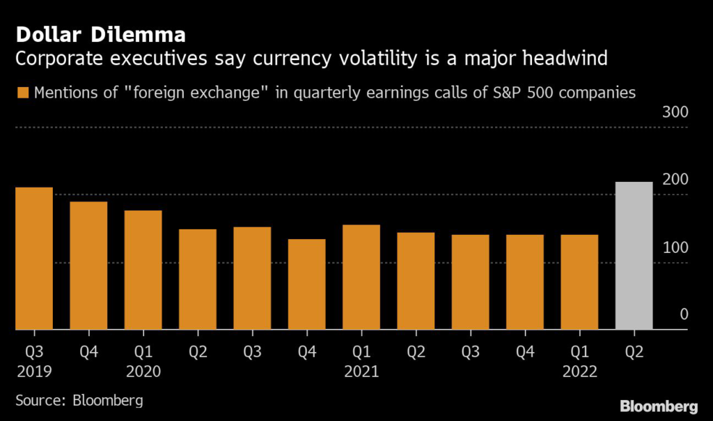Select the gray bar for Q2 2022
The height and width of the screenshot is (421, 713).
tap(634, 255)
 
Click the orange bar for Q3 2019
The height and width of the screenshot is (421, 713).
tap(34, 258)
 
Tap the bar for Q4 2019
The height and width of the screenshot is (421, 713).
tap(88, 265)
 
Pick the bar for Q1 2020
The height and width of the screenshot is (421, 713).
tap(143, 269)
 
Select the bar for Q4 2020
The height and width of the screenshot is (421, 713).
tap(306, 284)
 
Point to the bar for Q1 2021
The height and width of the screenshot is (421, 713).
tap(361, 277)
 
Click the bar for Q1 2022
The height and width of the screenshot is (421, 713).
tap(579, 282)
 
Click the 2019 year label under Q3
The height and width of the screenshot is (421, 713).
tap(34, 371)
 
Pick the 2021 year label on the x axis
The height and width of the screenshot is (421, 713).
tap(361, 371)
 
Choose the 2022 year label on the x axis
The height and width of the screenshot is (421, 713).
tap(579, 371)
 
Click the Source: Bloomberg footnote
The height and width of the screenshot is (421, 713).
tap(79, 400)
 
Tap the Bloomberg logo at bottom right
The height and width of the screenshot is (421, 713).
tap(658, 406)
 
